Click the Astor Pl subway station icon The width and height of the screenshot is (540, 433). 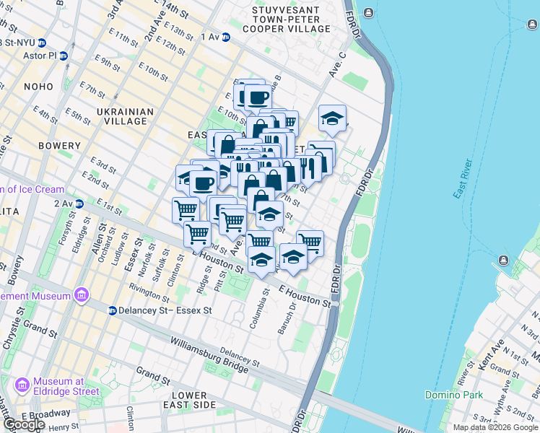pyautogui.click(x=64, y=55)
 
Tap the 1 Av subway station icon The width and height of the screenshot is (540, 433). pyautogui.click(x=225, y=37)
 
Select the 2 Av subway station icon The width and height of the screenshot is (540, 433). pyautogui.click(x=79, y=204)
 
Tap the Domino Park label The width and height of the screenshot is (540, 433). pyautogui.click(x=453, y=395)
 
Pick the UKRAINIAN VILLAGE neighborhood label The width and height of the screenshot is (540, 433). pyautogui.click(x=125, y=117)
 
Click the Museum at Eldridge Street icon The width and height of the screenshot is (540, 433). pyautogui.click(x=22, y=385)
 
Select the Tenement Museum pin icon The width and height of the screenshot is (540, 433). pyautogui.click(x=81, y=296)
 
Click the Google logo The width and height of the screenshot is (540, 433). pyautogui.click(x=23, y=424)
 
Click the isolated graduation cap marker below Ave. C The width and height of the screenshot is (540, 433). pyautogui.click(x=332, y=119)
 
